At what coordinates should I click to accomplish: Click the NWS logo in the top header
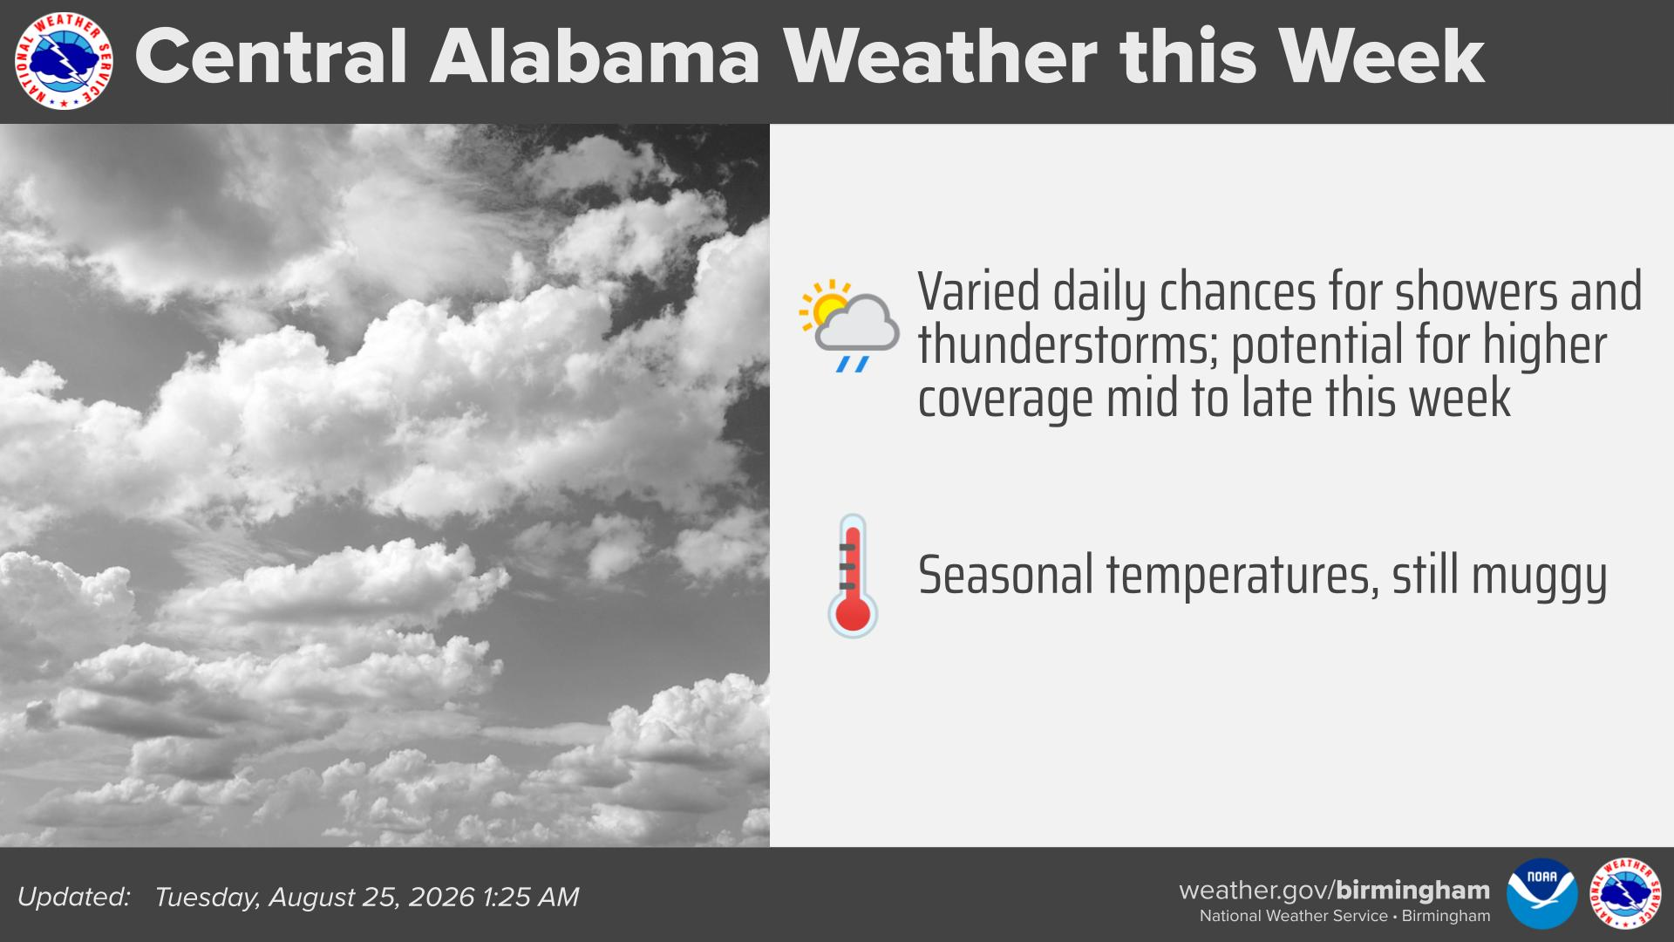tap(64, 60)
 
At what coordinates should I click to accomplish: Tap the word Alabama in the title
tap(595, 57)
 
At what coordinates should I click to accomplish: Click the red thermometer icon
tap(852, 576)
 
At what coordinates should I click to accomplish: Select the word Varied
tap(978, 291)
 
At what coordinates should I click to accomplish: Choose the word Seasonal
tap(1005, 575)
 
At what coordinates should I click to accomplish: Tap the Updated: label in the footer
tap(74, 897)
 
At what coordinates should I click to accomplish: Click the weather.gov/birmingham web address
tap(1334, 891)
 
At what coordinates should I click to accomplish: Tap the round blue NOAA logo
tap(1541, 893)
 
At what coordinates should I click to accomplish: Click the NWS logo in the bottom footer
tap(1625, 893)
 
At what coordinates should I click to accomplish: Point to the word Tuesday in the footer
tap(208, 898)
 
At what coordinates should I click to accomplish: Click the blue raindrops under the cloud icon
tap(852, 363)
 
